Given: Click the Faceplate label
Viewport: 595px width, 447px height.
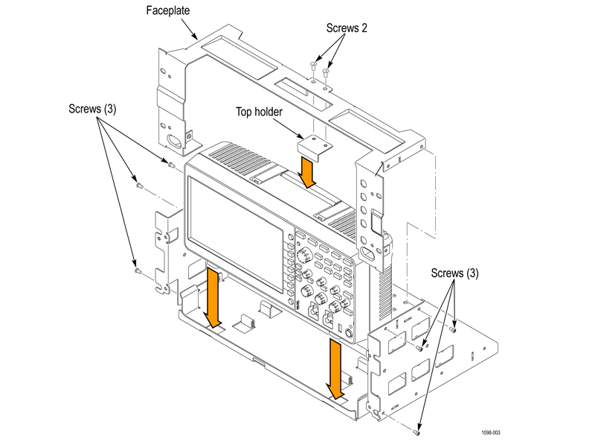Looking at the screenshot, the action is point(168,10).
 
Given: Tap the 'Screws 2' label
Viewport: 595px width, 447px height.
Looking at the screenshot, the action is point(347,28).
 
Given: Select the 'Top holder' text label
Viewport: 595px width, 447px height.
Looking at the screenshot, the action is point(259,112).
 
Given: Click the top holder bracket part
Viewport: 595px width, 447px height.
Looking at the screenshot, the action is point(315,147).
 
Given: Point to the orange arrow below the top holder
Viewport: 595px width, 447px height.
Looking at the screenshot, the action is point(306,173).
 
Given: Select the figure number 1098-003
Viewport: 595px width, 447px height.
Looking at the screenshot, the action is point(491,433).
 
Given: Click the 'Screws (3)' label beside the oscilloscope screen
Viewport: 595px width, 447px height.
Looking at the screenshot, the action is point(92,109).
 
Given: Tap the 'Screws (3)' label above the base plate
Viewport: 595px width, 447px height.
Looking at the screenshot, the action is point(454,273).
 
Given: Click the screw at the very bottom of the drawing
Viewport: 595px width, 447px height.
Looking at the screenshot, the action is point(416,432).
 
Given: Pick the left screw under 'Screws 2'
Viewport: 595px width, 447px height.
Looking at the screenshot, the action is point(313,66).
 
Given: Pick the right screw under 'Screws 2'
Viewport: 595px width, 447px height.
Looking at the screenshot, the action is point(326,72).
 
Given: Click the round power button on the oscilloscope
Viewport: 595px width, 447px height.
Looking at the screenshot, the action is point(348,334).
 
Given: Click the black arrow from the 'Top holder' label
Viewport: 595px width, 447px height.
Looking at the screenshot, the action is point(288,129).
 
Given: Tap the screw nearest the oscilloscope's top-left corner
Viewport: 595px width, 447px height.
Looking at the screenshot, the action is point(171,165).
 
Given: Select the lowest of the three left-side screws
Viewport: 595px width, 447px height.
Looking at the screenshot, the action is point(138,270).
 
